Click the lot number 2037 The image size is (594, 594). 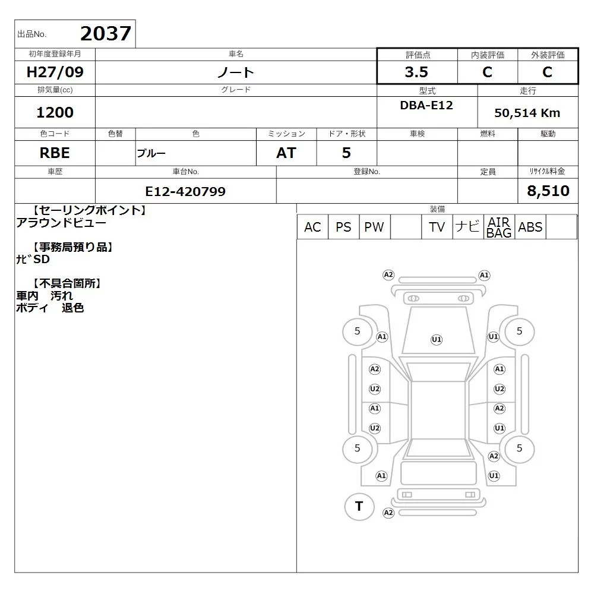[106, 33]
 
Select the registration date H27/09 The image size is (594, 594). [55, 72]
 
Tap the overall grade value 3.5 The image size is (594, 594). [416, 72]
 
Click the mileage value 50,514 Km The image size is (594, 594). [527, 113]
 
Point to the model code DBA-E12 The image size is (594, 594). [426, 105]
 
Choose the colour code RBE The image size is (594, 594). [55, 153]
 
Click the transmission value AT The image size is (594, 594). [286, 153]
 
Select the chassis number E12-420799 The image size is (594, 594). [185, 191]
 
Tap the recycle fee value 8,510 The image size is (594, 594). [548, 191]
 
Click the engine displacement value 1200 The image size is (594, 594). [55, 112]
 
